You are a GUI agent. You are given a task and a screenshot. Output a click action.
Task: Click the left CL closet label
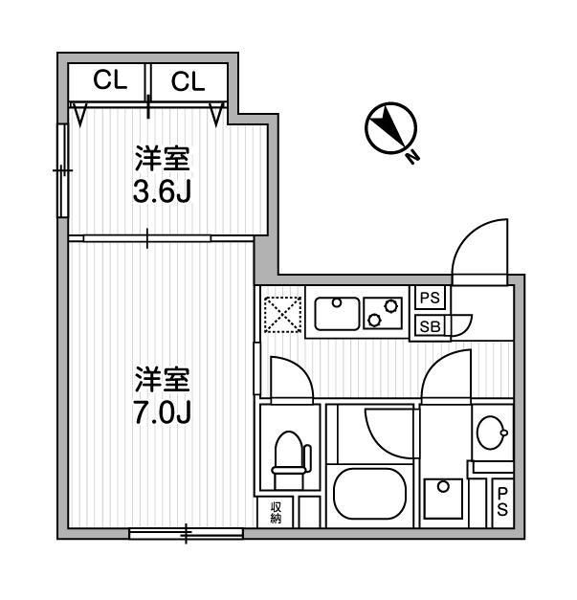(x=110, y=80)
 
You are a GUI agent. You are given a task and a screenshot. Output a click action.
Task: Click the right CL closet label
(x=189, y=81)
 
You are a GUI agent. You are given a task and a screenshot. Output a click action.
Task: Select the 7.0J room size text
(x=163, y=412)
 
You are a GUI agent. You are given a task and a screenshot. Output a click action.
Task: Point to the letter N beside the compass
(x=412, y=156)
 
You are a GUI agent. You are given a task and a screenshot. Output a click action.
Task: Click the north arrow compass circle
(x=390, y=128)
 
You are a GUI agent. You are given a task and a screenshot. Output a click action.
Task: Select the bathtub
(x=369, y=495)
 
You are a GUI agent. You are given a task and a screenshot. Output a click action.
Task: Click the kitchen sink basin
(x=337, y=314)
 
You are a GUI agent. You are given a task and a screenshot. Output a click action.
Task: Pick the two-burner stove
(x=383, y=313)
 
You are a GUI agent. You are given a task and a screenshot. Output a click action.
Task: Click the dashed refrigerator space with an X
(x=283, y=315)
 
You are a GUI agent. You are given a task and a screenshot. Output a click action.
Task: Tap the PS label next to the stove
(x=431, y=298)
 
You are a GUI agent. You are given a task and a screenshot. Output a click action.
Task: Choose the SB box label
(x=430, y=326)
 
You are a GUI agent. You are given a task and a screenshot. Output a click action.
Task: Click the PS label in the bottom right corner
(x=502, y=502)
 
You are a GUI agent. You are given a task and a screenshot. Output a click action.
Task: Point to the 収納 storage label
(x=276, y=512)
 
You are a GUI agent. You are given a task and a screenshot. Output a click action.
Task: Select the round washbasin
(x=492, y=433)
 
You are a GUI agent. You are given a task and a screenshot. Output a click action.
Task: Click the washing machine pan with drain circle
(x=444, y=499)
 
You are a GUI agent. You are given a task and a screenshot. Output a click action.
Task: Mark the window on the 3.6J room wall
(x=63, y=170)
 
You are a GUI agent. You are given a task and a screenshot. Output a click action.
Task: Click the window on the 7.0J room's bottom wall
(x=186, y=533)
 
